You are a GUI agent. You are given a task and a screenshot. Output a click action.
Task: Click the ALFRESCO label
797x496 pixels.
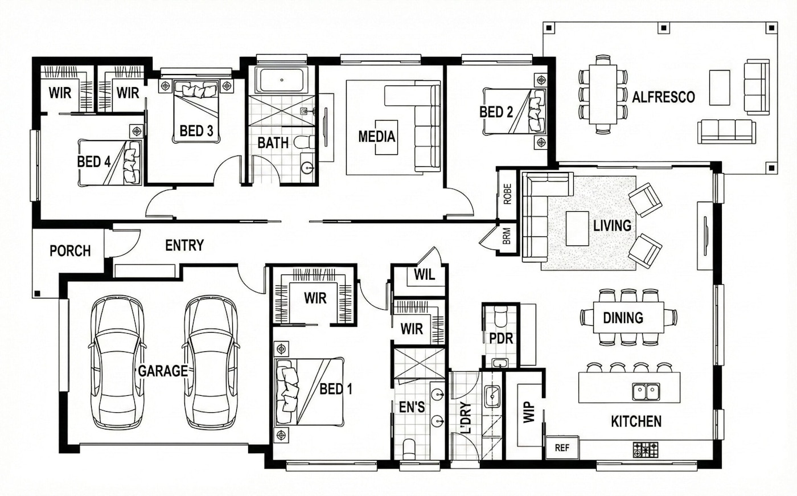[x=663, y=97]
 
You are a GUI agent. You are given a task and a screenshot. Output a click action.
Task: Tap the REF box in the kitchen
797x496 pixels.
[x=562, y=448]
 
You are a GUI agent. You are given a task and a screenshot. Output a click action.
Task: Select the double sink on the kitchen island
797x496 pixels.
[x=646, y=391]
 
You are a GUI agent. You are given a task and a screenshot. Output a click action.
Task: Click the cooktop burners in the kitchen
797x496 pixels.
[x=646, y=450]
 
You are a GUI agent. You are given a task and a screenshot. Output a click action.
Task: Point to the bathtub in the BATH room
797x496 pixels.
[x=281, y=80]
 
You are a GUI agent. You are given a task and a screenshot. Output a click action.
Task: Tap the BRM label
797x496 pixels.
[x=507, y=236]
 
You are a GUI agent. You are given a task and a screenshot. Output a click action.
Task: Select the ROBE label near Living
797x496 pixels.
[x=508, y=194]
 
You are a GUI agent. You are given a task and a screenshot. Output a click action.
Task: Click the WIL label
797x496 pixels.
[x=425, y=274]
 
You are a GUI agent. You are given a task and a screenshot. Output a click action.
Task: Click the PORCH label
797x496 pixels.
[x=70, y=251]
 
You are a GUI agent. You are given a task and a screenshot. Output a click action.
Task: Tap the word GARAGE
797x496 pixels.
[x=163, y=371]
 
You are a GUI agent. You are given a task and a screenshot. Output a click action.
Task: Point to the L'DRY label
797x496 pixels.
[x=466, y=418]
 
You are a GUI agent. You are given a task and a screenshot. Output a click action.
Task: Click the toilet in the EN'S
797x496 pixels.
[x=409, y=449]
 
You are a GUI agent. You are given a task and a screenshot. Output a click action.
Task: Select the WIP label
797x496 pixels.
[x=529, y=412]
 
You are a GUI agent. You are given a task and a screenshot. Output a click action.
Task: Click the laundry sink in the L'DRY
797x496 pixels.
[x=492, y=396]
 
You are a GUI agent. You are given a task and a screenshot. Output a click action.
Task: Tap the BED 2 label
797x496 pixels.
[x=496, y=112]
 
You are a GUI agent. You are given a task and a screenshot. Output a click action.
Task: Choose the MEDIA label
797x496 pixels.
[x=377, y=136]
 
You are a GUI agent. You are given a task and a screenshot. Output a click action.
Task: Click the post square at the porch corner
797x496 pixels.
[x=37, y=293]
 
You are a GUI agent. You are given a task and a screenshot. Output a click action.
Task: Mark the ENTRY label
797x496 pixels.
[x=184, y=245]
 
